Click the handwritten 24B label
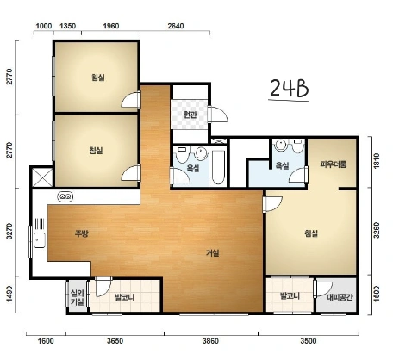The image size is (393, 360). [289, 89]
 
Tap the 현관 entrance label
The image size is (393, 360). [190, 115]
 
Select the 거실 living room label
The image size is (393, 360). [213, 253]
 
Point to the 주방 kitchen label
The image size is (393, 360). [82, 233]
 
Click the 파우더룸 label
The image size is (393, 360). [334, 164]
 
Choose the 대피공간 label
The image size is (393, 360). [340, 297]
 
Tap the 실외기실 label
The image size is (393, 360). [78, 297]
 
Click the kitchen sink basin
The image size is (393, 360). [40, 240]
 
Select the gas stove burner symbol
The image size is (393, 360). [65, 196]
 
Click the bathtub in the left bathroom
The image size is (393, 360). [218, 167]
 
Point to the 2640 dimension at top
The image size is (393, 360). [176, 26]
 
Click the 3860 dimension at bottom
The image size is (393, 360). [210, 341]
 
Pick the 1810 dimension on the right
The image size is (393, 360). [377, 161]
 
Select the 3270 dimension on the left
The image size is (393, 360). [9, 232]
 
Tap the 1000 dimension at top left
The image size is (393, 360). [44, 26]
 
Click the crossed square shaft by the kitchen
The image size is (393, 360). [42, 177]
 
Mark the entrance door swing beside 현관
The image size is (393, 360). [218, 115]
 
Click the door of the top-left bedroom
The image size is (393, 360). [131, 100]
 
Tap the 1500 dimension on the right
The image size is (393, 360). [377, 294]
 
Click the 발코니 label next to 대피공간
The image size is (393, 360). [290, 295]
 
